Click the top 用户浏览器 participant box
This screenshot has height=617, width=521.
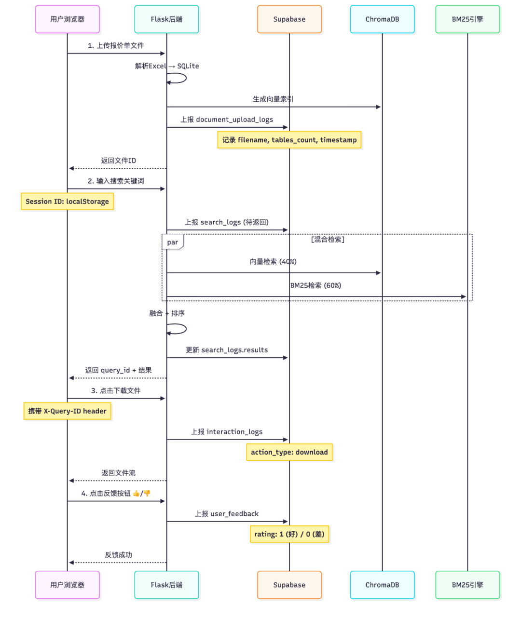click(x=67, y=19)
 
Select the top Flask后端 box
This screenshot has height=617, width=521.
click(x=166, y=19)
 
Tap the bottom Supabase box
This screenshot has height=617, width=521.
click(x=289, y=585)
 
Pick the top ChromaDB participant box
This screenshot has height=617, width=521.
click(x=382, y=19)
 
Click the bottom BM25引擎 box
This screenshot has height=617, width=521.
click(x=467, y=585)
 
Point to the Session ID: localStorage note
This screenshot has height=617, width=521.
click(x=67, y=201)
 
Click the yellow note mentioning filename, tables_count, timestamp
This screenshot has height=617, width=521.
click(x=289, y=140)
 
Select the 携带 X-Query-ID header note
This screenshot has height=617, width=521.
click(x=67, y=411)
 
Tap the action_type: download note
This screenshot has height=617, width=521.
click(x=289, y=452)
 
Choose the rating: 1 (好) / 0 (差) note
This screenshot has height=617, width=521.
click(x=289, y=534)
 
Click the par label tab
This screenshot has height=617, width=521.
click(x=172, y=242)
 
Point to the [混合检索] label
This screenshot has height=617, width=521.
click(x=328, y=240)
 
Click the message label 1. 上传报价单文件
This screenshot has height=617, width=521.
click(x=116, y=45)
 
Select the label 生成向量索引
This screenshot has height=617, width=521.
click(x=273, y=99)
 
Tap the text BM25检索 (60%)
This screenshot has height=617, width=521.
click(x=315, y=285)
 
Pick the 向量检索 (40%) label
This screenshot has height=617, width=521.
click(x=273, y=261)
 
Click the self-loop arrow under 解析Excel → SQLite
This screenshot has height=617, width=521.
click(x=179, y=78)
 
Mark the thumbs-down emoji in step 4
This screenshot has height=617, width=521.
click(x=147, y=493)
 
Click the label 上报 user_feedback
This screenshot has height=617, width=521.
click(x=227, y=514)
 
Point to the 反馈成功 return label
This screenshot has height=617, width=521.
click(x=118, y=555)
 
